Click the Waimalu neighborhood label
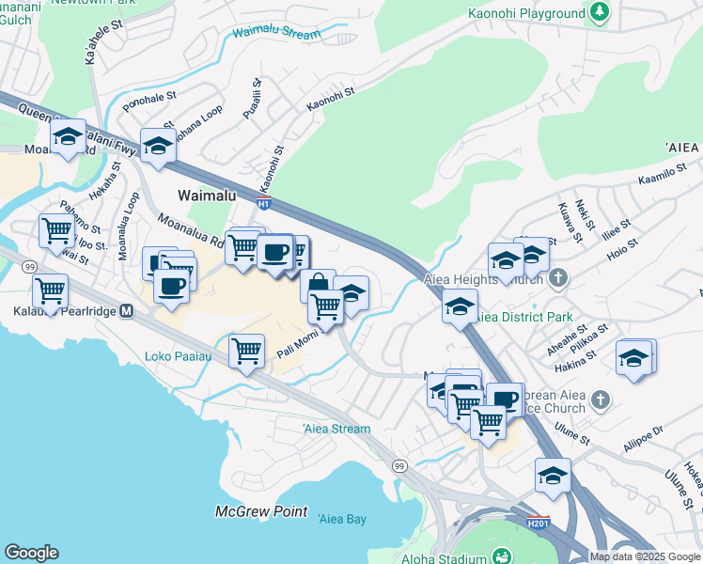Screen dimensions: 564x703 coord(213,196)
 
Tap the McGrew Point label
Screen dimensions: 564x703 coord(260,511)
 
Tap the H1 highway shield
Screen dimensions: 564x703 coord(265,202)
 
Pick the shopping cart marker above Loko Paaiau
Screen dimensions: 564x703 coord(246,351)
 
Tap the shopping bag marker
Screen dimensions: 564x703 coord(319,283)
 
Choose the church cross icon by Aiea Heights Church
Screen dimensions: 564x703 coord(558,277)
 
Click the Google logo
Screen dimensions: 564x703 coord(31,553)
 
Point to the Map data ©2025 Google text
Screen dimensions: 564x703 coord(644,556)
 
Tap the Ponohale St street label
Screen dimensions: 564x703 coord(149,97)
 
